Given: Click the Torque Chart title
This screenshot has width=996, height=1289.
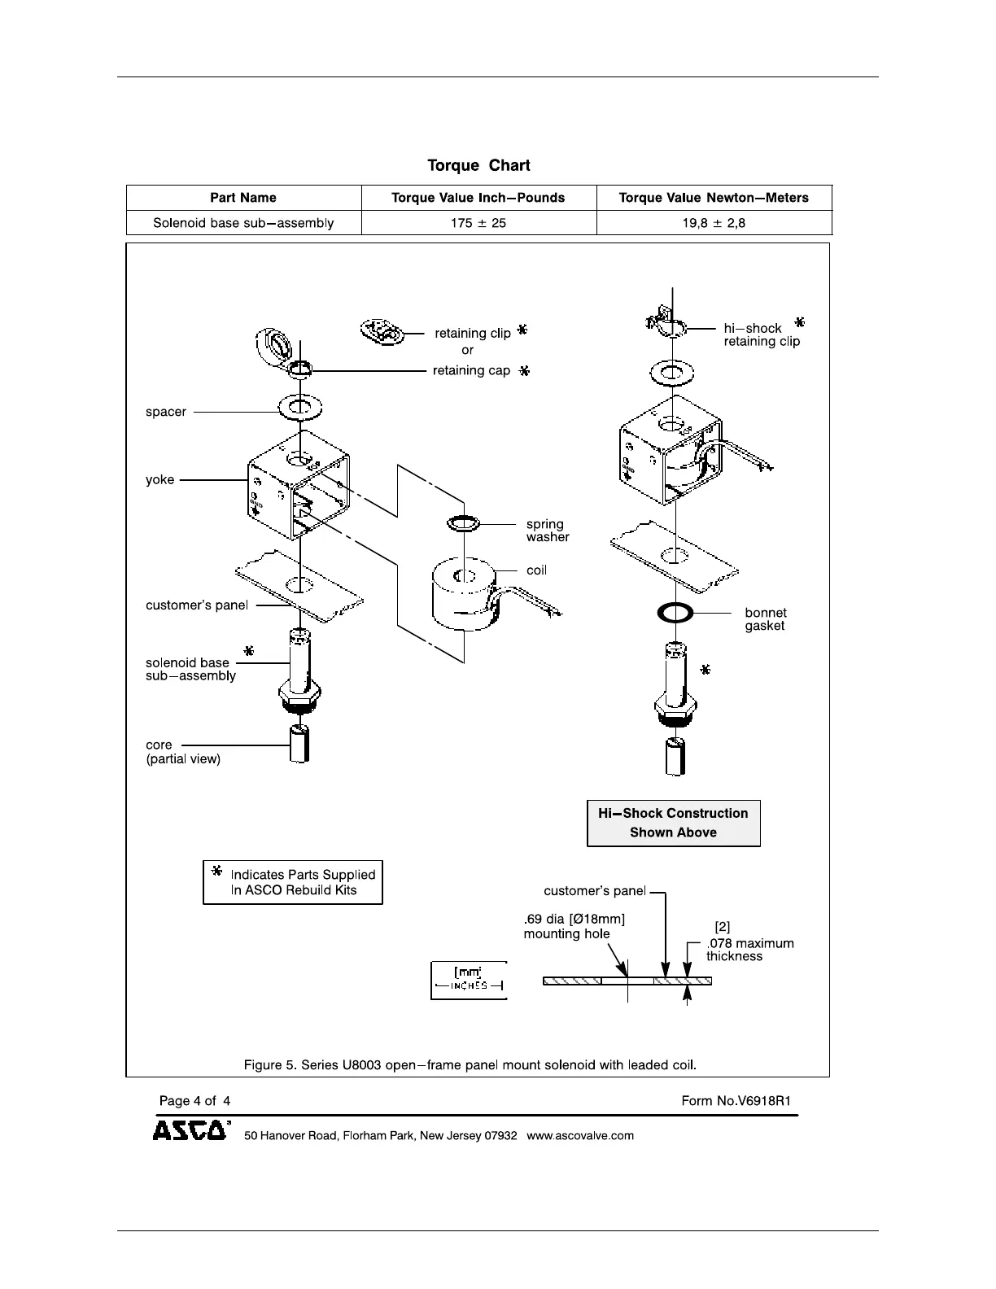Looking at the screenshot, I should coord(478,166).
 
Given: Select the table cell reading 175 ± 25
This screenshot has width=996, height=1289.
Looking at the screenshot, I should coord(478,223).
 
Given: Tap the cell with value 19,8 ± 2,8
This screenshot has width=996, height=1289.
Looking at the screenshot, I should coord(714,223).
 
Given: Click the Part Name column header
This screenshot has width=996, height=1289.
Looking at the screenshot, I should coord(242,198).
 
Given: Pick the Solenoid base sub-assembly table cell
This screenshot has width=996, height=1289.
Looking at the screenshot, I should coord(242,223).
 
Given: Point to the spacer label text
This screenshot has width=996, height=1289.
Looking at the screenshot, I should coord(166,412).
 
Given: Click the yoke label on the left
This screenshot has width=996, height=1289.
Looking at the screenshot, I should coord(159,480).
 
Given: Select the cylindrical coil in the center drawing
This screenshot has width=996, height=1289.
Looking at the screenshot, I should coord(462,594).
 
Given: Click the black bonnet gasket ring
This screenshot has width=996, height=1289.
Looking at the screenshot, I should coord(675,613).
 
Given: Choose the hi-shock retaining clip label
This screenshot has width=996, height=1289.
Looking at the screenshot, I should coord(762,335).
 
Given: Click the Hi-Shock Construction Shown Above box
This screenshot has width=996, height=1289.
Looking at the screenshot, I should coord(673,823).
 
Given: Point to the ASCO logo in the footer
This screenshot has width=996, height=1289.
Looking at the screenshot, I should coord(190,1131).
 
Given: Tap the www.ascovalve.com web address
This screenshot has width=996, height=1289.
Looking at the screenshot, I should coord(580,1136).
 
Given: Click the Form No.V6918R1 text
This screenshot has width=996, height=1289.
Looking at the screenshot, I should coord(736,1101).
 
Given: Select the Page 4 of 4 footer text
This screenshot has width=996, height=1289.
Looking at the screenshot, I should coord(194,1101).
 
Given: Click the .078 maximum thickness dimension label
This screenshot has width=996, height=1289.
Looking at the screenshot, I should coord(749,950).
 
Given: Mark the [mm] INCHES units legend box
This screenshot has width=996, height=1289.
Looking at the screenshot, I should coord(468,980).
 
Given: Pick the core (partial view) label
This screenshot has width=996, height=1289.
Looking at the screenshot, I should coord(182,752).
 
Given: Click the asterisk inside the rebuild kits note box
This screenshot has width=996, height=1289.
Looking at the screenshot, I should coord(216,871).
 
